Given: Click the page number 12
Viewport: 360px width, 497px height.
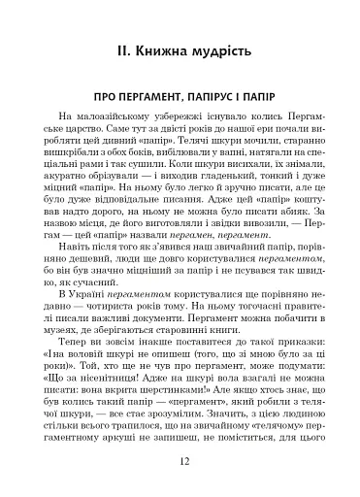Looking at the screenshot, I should [180, 463].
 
